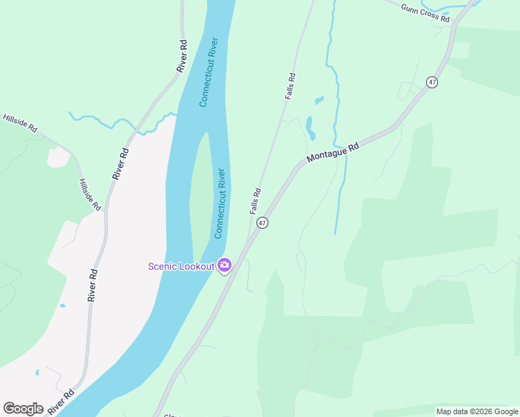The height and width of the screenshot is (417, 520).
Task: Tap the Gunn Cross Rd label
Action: pyautogui.click(x=425, y=13)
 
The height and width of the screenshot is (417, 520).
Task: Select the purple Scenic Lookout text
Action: pyautogui.click(x=181, y=266)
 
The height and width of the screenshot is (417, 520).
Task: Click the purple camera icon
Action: pyautogui.click(x=224, y=265)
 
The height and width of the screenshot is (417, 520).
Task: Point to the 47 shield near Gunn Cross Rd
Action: pyautogui.click(x=432, y=82)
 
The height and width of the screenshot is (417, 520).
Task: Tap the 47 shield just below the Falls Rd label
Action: pyautogui.click(x=261, y=223)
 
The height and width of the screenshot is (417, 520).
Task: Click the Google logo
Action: pyautogui.click(x=23, y=409)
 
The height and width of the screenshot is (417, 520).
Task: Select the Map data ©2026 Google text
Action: pyautogui.click(x=478, y=411)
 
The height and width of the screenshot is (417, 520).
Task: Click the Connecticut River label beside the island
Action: pyautogui.click(x=220, y=203)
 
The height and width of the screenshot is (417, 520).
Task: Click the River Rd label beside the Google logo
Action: pyautogui.click(x=61, y=402)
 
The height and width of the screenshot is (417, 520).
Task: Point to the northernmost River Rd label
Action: pyautogui.click(x=182, y=56)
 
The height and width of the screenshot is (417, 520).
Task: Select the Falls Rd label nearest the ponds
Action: pyautogui.click(x=291, y=86)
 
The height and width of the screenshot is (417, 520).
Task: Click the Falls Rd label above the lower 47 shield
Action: pyautogui.click(x=256, y=201)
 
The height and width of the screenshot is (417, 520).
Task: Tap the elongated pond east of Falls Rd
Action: pyautogui.click(x=310, y=128)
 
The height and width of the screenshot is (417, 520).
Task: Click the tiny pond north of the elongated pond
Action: pyautogui.click(x=319, y=100)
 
